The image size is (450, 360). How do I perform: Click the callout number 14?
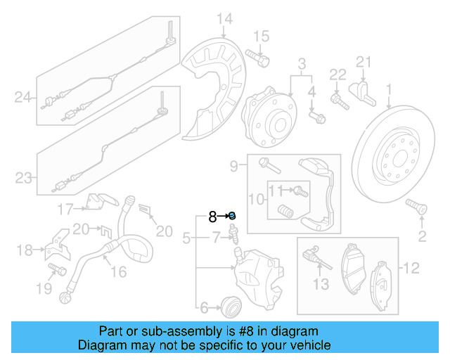pos(224,19)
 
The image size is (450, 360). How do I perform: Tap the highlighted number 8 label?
pos(212,217)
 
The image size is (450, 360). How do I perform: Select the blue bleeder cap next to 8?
pos(232,216)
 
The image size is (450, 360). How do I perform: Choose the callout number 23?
pos(24,178)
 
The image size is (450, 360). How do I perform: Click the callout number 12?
pos(411,266)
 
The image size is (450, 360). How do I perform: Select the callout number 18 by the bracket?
pos(24,250)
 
